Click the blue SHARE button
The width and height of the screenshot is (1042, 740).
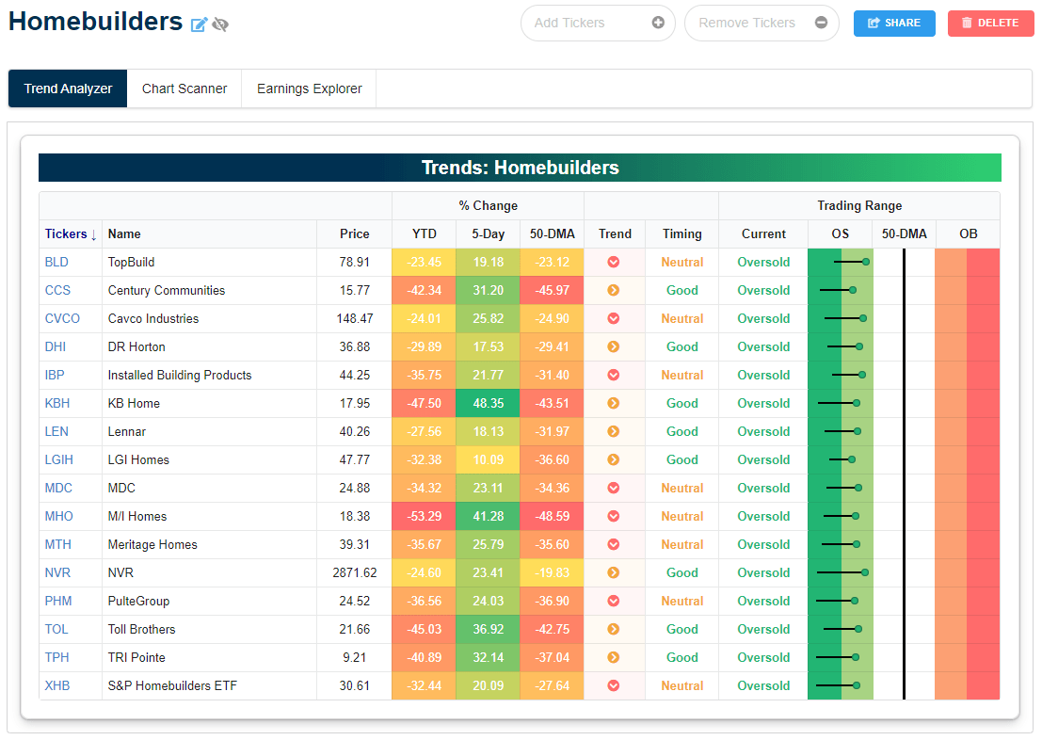pos(893,23)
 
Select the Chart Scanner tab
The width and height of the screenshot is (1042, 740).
pos(184,88)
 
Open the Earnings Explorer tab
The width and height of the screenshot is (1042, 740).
pos(309,88)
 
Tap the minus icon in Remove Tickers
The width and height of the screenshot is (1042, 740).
pos(821,23)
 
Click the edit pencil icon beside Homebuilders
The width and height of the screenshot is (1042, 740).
pos(199,24)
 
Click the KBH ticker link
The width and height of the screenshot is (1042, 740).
pos(56,403)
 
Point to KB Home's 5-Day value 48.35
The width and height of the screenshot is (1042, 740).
pos(488,403)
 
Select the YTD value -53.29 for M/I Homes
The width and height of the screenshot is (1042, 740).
pos(424,516)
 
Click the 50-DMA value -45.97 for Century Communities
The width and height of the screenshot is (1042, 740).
pos(552,290)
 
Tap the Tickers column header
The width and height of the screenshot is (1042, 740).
pos(71,233)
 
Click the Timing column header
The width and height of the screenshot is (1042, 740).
pos(681,233)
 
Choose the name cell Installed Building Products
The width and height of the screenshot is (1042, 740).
pos(180,375)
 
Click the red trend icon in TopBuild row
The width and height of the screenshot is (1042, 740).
pos(613,262)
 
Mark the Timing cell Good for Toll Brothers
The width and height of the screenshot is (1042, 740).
pos(681,629)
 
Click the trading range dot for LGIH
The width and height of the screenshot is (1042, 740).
pos(852,459)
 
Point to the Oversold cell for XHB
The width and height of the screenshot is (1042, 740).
pos(762,685)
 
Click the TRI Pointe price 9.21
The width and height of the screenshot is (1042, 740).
pos(354,657)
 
